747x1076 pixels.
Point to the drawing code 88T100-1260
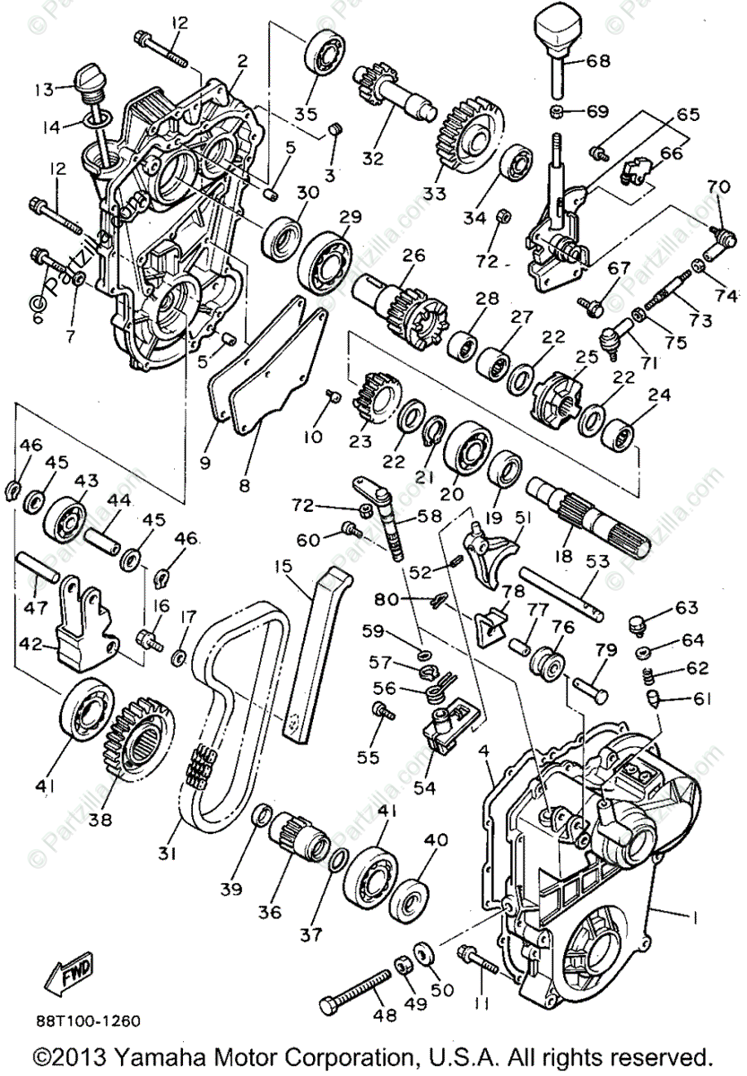pyautogui.click(x=88, y=1020)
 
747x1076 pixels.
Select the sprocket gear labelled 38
pyautogui.click(x=136, y=731)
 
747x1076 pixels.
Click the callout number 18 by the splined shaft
pyautogui.click(x=563, y=556)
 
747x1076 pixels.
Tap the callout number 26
pyautogui.click(x=413, y=255)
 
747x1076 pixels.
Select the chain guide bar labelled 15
pyautogui.click(x=314, y=646)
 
